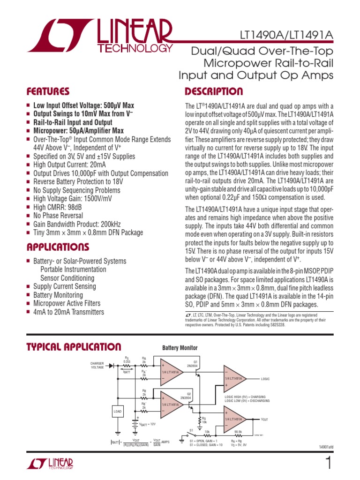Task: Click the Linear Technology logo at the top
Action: tap(100, 38)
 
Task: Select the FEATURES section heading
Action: tap(48, 91)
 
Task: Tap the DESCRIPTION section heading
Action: tap(214, 91)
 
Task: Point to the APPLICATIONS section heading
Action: tap(58, 247)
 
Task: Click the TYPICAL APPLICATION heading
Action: tap(74, 347)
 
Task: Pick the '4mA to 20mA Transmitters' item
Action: tap(68, 312)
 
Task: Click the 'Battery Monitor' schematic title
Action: tap(180, 348)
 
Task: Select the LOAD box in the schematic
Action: tap(118, 412)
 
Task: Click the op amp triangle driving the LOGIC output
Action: tap(234, 378)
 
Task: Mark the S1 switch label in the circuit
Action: tap(191, 429)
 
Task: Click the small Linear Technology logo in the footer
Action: tap(51, 464)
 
